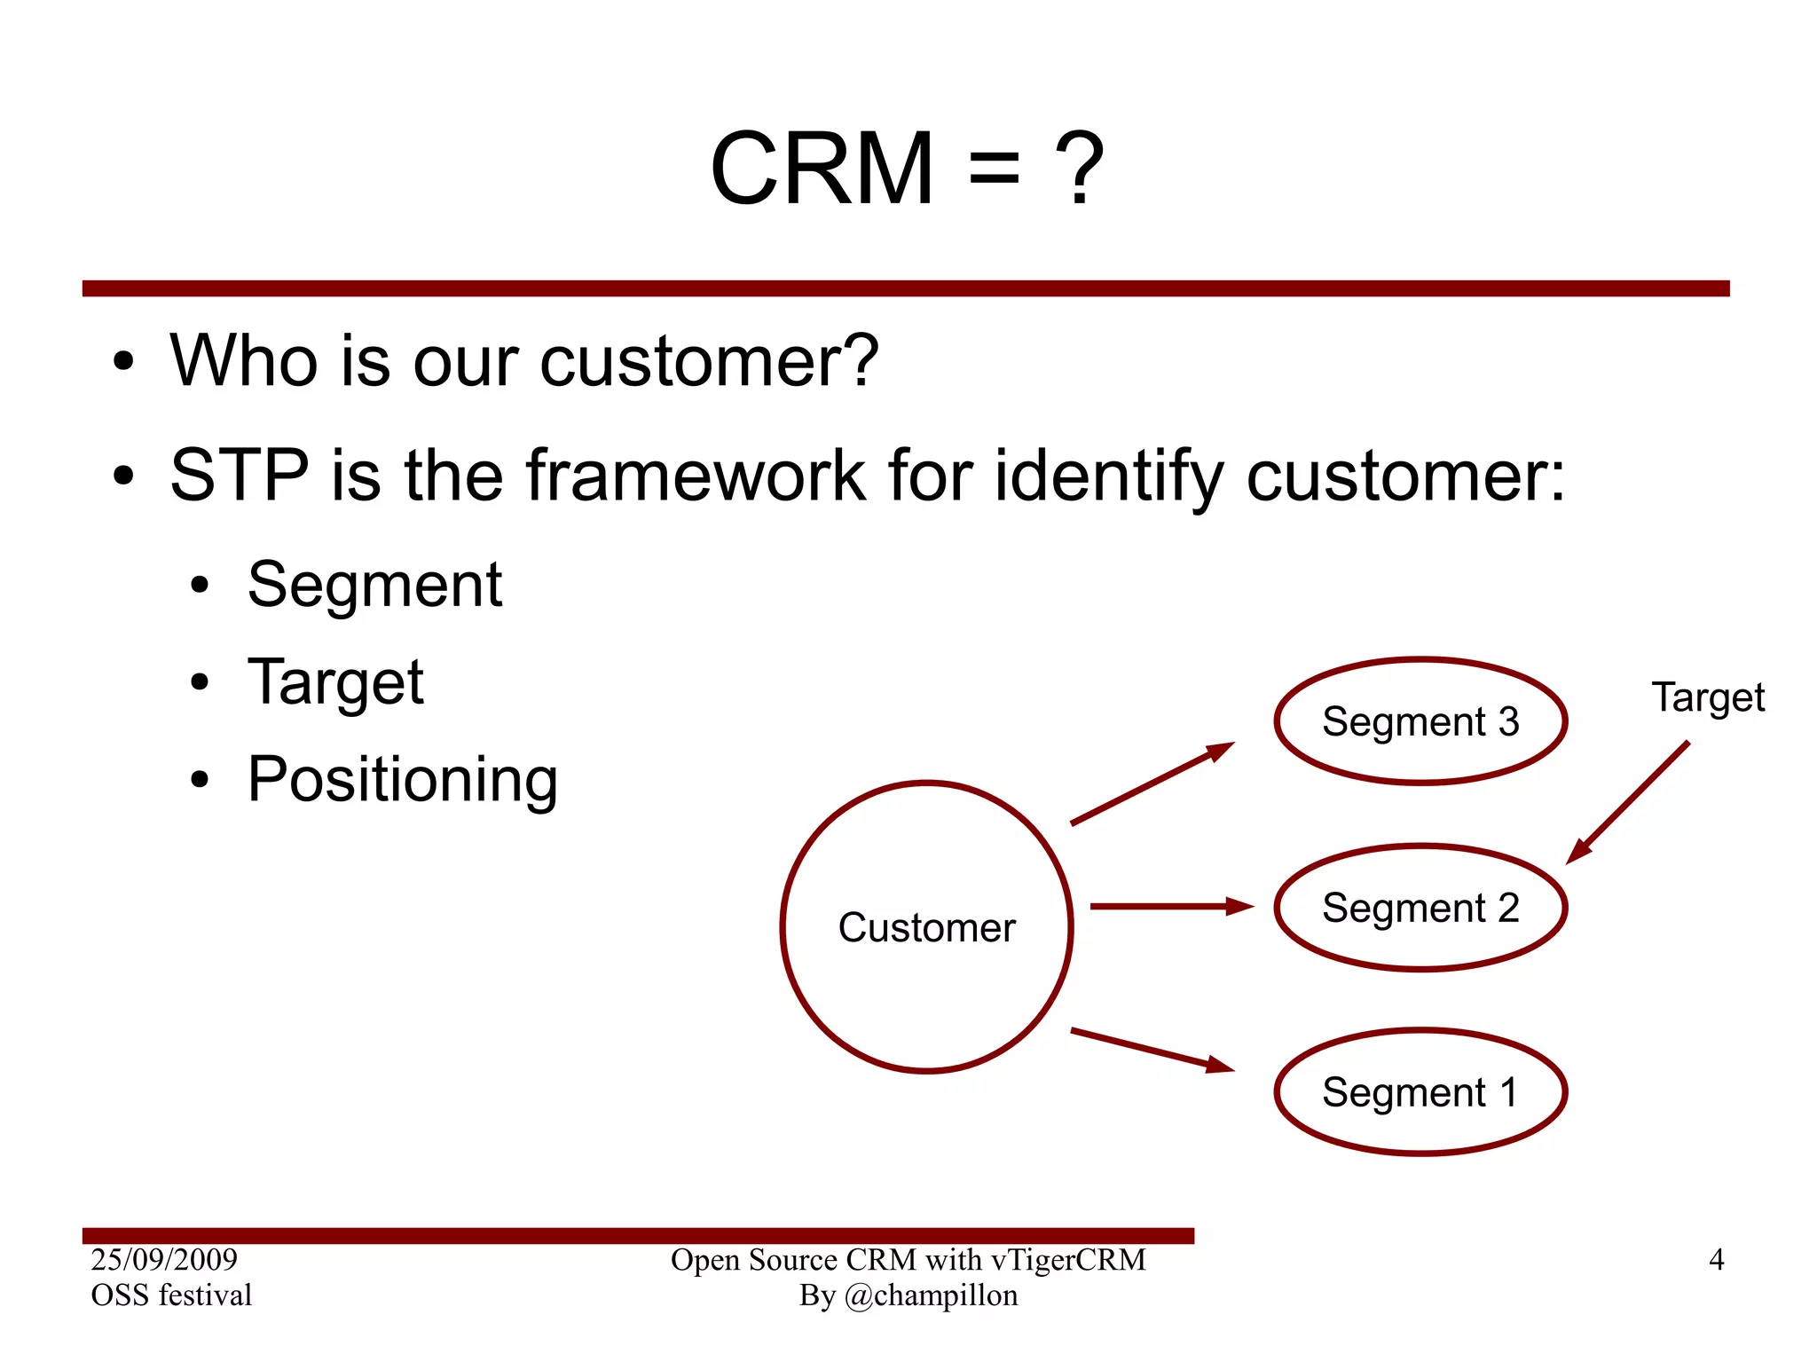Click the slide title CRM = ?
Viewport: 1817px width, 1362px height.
(907, 169)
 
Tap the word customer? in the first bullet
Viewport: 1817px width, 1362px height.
(709, 361)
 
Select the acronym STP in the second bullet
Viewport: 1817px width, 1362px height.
(239, 476)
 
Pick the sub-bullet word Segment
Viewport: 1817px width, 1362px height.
(374, 586)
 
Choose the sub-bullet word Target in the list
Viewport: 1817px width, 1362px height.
(335, 683)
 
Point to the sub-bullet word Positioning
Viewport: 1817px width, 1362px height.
(402, 780)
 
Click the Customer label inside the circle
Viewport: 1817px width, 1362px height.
(926, 928)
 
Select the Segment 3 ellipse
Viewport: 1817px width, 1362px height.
(1420, 721)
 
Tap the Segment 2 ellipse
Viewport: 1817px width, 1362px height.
(1420, 908)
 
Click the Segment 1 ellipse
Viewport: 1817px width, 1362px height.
(1420, 1092)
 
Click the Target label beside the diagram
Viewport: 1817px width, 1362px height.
(1707, 698)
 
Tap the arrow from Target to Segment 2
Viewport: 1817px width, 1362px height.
(1628, 802)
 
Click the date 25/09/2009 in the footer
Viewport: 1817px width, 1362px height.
(164, 1259)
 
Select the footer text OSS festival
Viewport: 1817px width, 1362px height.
(171, 1295)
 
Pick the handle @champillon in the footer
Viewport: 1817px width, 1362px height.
(931, 1295)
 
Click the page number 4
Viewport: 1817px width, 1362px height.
(1716, 1260)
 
